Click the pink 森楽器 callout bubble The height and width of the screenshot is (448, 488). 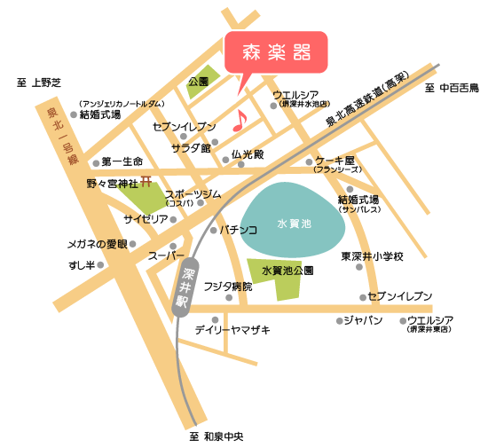click(277, 53)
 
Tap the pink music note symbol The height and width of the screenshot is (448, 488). click(240, 121)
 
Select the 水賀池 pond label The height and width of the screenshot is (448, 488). click(294, 225)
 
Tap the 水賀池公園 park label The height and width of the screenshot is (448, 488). click(287, 269)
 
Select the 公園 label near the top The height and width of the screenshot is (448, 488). click(198, 83)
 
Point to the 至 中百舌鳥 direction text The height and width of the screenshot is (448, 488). click(452, 88)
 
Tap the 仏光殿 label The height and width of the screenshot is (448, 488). click(248, 154)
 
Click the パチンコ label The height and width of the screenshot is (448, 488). click(239, 230)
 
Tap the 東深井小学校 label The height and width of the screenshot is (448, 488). click(373, 256)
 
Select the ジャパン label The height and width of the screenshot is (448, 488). click(363, 320)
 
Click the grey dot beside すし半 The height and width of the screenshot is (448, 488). click(100, 264)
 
